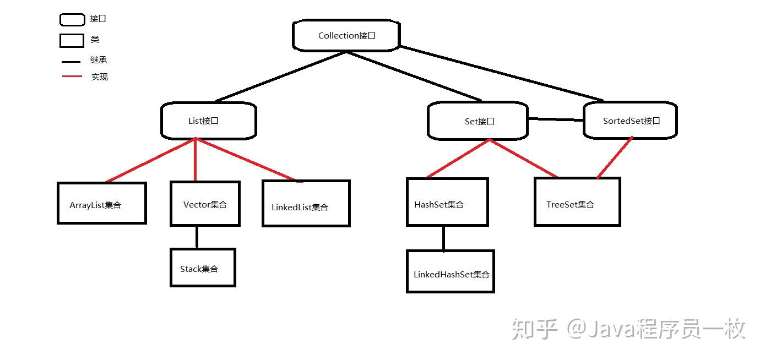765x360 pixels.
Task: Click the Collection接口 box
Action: point(346,36)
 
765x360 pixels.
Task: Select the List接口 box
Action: point(208,121)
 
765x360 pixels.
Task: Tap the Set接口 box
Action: point(478,121)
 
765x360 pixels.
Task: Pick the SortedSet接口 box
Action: point(630,120)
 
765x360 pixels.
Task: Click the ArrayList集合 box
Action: point(101,203)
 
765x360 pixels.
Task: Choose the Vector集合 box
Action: point(205,204)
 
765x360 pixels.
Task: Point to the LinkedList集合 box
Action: point(306,204)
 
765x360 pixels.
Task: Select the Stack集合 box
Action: point(203,268)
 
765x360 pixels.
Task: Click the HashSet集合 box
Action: point(447,202)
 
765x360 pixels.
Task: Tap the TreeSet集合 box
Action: point(577,201)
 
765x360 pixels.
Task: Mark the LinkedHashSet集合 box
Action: point(450,271)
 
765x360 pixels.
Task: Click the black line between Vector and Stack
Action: point(197,237)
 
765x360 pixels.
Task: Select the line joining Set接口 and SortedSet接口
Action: point(555,119)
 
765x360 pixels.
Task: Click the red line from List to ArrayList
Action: point(150,160)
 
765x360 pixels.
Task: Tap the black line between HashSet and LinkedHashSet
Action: point(443,238)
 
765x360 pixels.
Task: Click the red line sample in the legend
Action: point(72,76)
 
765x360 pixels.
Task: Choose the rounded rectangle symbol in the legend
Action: point(72,20)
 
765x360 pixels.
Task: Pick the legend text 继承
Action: point(99,60)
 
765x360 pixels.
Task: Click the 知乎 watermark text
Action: point(534,329)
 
